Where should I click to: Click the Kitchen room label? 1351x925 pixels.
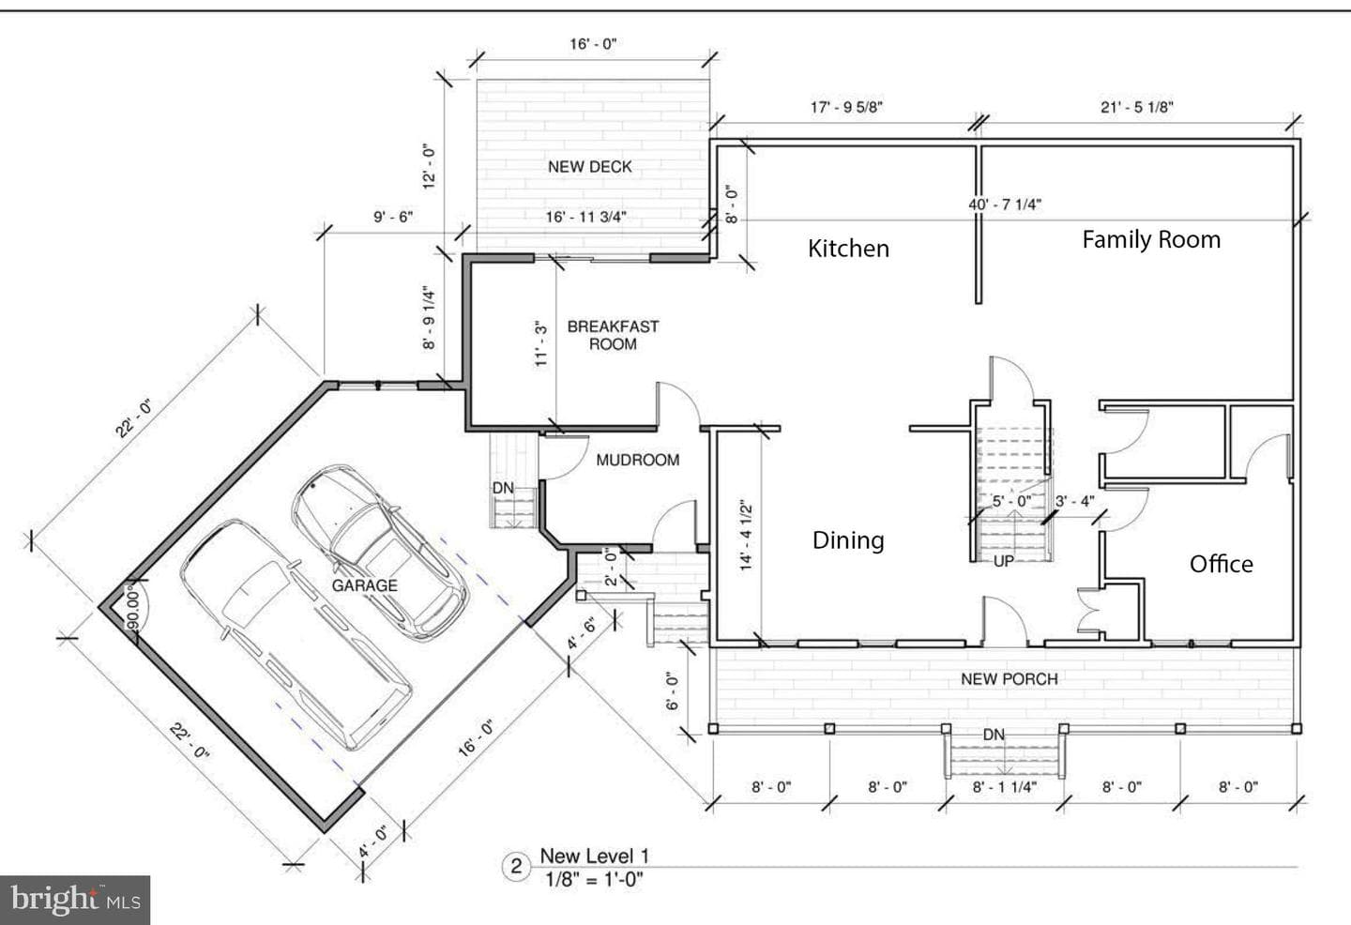click(x=848, y=249)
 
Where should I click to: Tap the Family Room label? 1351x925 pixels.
click(x=1151, y=239)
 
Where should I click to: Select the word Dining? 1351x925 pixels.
click(x=848, y=540)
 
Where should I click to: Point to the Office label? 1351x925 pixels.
click(x=1222, y=565)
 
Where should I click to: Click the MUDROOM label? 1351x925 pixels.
click(x=638, y=460)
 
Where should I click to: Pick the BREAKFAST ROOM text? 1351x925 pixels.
click(x=613, y=335)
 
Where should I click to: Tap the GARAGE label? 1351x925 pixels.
click(x=364, y=585)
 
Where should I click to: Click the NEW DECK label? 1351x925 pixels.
click(x=590, y=166)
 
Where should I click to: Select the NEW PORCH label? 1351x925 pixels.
click(x=1009, y=679)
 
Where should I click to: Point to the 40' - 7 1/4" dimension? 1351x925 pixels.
click(x=1005, y=205)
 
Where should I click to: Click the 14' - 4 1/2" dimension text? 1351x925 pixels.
click(x=746, y=535)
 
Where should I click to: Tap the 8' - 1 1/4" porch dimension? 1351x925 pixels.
click(x=1004, y=787)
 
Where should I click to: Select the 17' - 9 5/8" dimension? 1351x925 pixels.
click(x=847, y=107)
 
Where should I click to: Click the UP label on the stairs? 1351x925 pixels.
click(x=1003, y=561)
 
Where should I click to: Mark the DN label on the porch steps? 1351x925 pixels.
click(x=994, y=735)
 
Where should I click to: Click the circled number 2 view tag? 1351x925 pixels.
click(x=516, y=867)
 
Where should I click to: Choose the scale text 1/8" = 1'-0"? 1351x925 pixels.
click(x=594, y=880)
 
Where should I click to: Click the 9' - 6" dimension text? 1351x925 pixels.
click(x=393, y=217)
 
